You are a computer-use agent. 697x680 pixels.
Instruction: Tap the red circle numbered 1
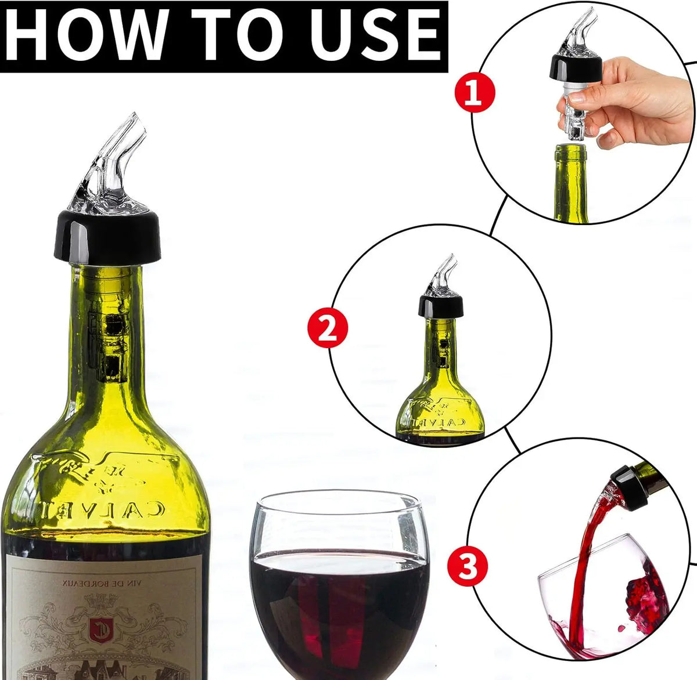point(475,93)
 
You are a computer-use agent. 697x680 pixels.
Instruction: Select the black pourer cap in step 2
point(441,304)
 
